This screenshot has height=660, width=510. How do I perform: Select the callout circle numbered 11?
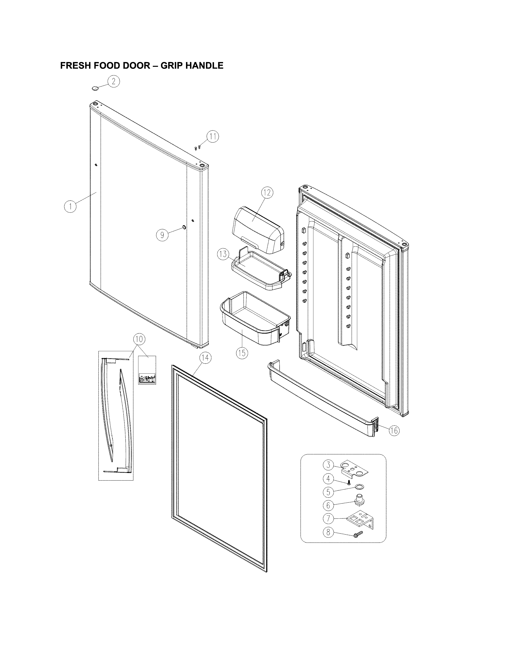click(213, 137)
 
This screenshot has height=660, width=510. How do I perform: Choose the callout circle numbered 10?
click(139, 339)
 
